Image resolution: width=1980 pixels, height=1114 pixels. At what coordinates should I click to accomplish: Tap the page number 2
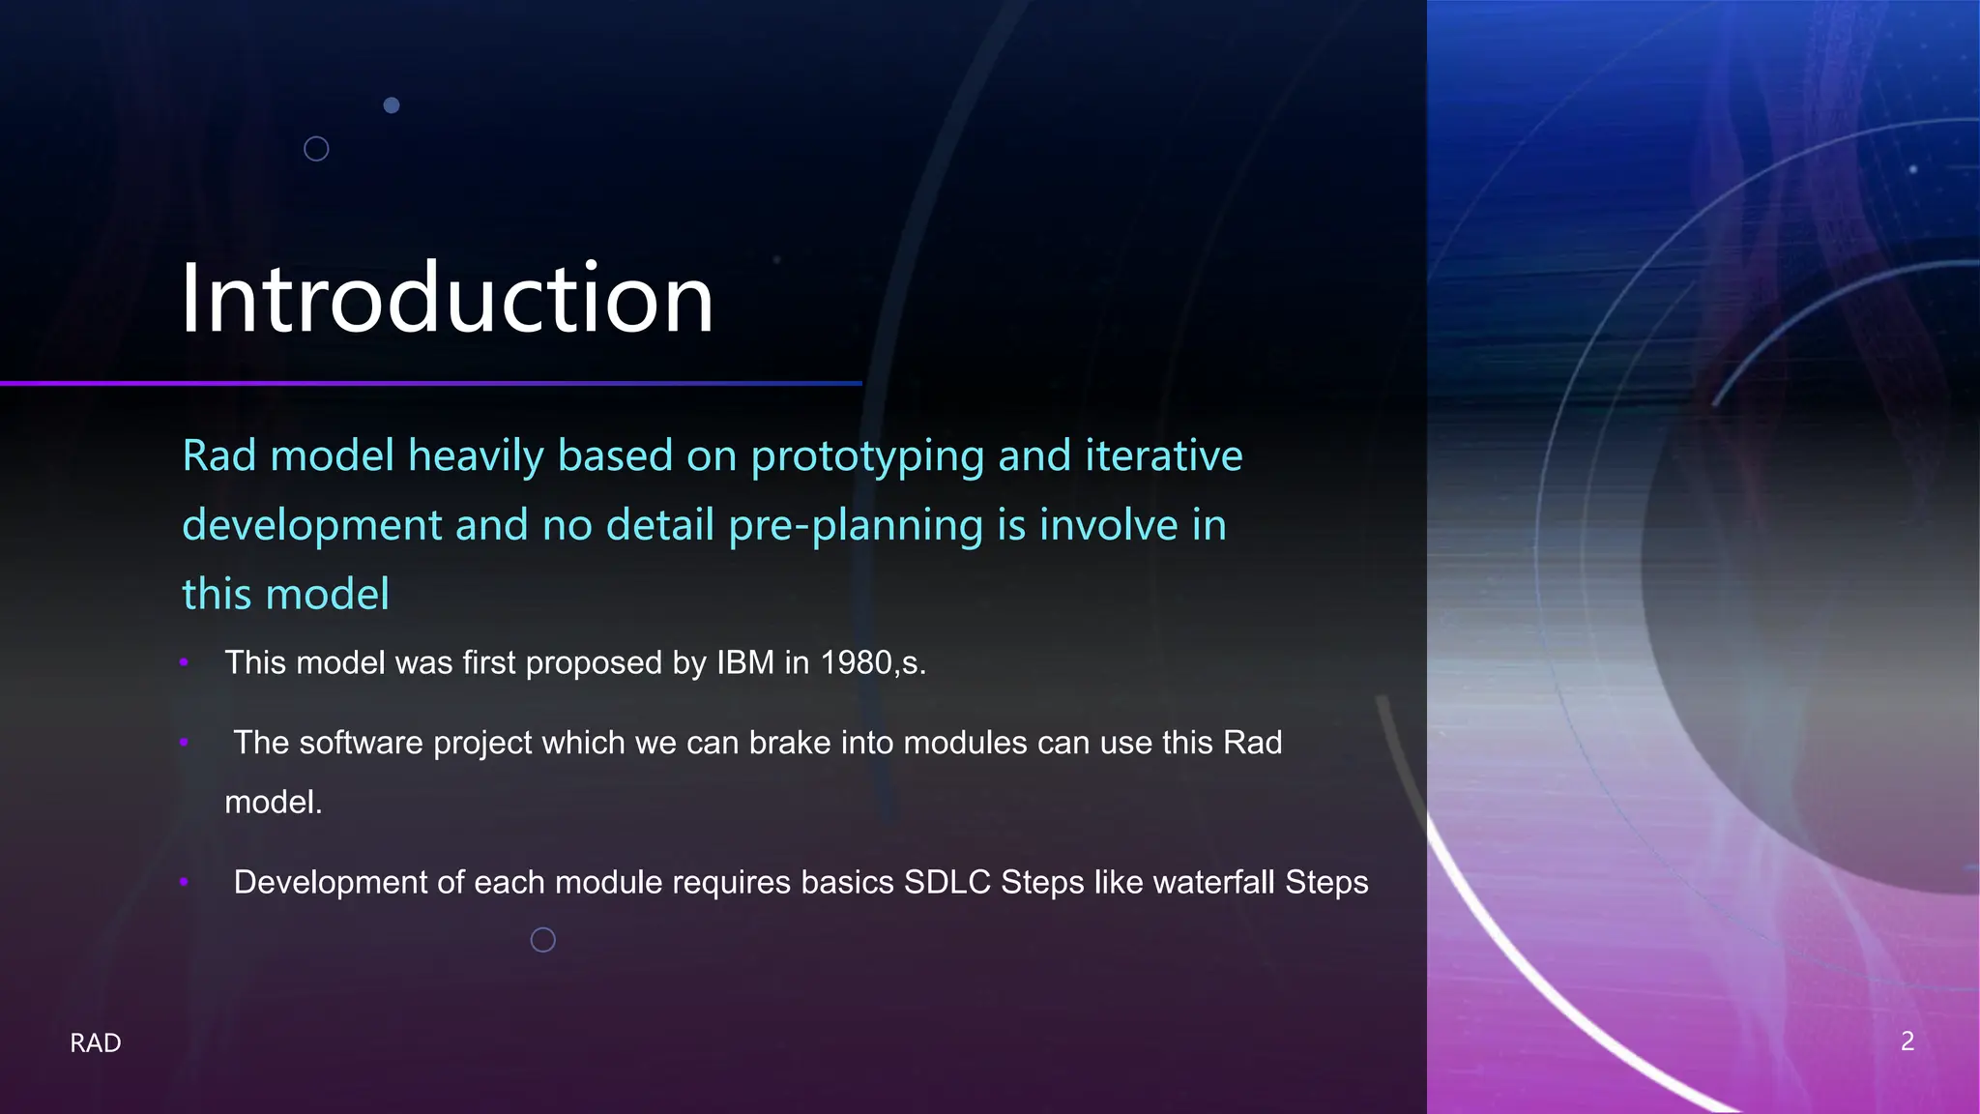point(1907,1041)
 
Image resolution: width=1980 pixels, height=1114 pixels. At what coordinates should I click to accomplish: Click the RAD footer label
point(96,1042)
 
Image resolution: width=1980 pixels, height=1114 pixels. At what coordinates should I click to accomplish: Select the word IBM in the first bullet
point(744,662)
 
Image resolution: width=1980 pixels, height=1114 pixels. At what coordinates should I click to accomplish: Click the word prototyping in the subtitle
point(867,456)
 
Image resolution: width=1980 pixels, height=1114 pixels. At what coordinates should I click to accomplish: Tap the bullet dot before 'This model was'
point(184,662)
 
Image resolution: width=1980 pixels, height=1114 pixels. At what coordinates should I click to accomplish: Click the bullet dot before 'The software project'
point(184,743)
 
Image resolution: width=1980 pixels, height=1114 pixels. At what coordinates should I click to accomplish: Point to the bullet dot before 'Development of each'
point(184,882)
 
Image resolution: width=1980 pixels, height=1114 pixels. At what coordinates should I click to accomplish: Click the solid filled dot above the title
point(392,105)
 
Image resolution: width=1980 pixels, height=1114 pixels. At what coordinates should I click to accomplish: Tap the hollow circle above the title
point(316,149)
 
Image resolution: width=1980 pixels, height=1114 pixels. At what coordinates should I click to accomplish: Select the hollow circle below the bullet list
point(543,940)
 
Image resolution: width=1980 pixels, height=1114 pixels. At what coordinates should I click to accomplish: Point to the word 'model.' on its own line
point(273,802)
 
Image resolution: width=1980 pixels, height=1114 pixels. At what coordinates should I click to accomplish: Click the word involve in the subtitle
point(1109,525)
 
